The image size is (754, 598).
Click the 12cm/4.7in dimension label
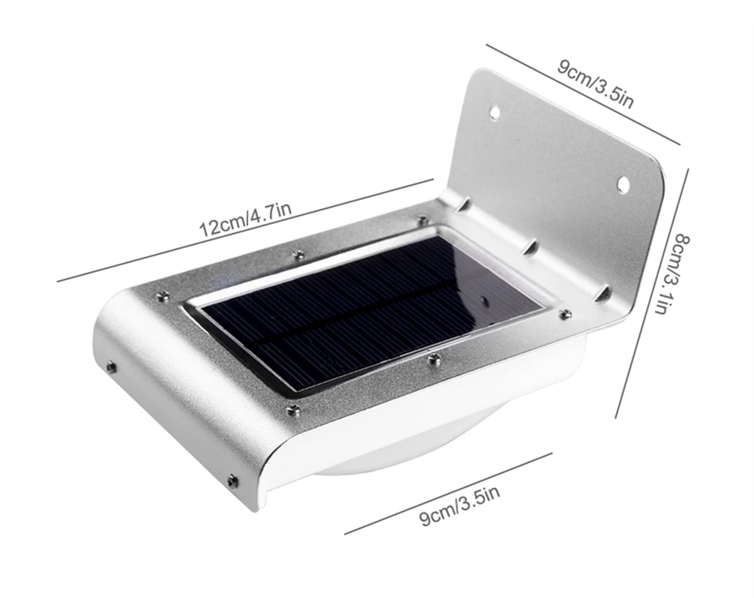[245, 219]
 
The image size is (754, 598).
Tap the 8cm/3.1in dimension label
[675, 274]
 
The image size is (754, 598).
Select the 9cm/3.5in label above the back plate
[596, 84]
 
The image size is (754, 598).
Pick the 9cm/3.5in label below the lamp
[461, 506]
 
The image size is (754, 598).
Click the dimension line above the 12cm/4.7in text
[245, 230]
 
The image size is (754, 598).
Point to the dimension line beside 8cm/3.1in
[652, 294]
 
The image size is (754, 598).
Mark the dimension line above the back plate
[583, 94]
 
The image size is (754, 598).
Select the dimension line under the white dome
[448, 493]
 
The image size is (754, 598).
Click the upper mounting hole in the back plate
[495, 113]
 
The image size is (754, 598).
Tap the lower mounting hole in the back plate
[623, 184]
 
